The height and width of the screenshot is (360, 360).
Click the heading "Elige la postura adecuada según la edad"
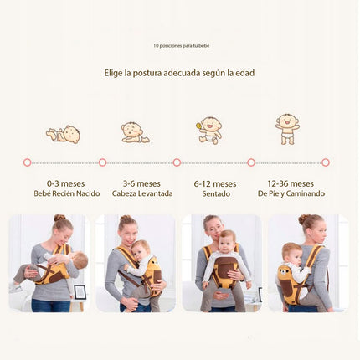(179, 73)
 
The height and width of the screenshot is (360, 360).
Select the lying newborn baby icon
(64, 133)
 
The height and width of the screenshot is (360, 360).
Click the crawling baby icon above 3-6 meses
(134, 132)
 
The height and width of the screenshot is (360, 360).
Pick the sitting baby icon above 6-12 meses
(209, 129)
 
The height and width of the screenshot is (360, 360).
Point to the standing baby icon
(287, 128)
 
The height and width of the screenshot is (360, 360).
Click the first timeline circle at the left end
(28, 162)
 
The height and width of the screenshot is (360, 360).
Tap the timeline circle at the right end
(326, 162)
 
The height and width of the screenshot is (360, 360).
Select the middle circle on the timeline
(177, 162)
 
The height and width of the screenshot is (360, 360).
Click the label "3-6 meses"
(141, 183)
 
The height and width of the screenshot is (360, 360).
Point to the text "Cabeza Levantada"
(141, 193)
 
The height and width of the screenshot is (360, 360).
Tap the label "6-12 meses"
(216, 183)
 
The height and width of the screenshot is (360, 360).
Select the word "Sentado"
(216, 193)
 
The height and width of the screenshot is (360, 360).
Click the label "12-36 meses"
(291, 183)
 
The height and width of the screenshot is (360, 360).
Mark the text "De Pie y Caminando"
(291, 193)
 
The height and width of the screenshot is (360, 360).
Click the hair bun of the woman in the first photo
(59, 219)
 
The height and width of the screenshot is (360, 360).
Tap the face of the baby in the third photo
(225, 241)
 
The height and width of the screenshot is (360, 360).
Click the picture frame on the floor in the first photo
(80, 292)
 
